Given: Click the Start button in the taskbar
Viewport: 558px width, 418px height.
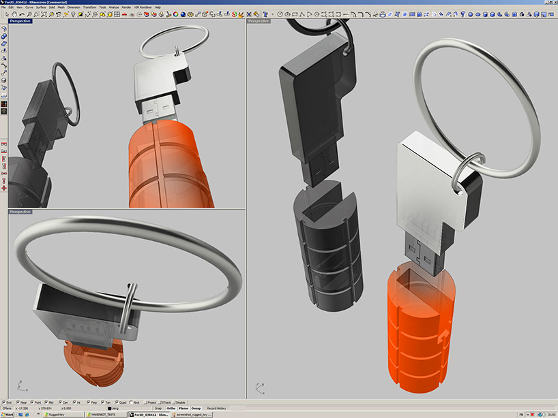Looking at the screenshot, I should tap(9, 414).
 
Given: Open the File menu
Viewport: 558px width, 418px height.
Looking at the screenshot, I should tap(3, 7).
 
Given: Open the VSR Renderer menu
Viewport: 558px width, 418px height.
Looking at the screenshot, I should tap(144, 7).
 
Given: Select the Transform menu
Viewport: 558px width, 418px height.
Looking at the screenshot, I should tap(89, 7).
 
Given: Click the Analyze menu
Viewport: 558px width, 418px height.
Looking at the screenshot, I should tap(114, 7).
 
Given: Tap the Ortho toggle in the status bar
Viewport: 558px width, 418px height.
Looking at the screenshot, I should tap(171, 408).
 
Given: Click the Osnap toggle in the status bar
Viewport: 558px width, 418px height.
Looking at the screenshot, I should tap(196, 408).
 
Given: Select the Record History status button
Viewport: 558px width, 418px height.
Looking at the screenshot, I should tap(216, 408).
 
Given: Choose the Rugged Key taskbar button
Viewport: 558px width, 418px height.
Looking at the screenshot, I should tap(56, 414).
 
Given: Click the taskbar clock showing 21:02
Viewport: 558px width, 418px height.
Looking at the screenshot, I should tap(549, 414).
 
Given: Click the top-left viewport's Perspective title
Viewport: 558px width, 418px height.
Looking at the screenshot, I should tap(20, 21).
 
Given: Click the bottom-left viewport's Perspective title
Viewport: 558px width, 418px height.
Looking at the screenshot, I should tap(20, 212).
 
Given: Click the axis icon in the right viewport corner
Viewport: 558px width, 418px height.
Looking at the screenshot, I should tap(259, 388).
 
